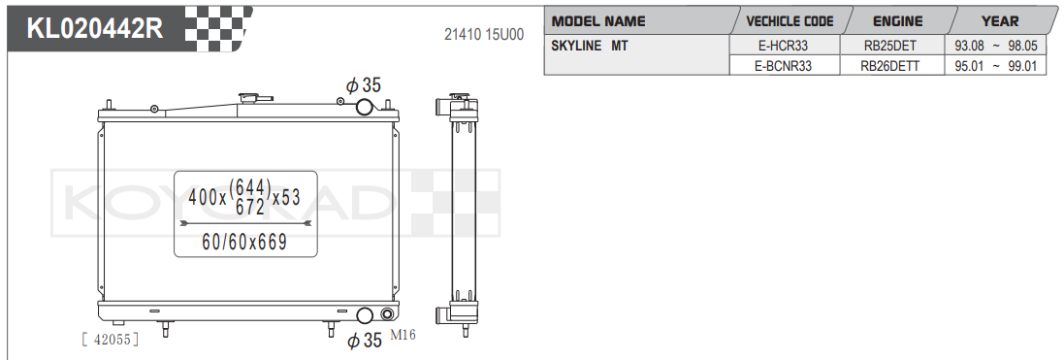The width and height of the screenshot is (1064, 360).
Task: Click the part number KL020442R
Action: click(94, 28)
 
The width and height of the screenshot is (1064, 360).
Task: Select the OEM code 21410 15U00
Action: click(484, 35)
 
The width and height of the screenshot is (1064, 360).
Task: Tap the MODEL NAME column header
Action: click(597, 21)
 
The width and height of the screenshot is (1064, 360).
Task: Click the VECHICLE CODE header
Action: click(790, 21)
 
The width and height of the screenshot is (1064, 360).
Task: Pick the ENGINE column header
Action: click(897, 21)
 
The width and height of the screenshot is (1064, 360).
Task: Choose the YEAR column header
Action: click(1000, 21)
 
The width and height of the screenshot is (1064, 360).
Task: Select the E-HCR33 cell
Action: click(784, 47)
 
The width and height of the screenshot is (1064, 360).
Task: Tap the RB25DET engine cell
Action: click(892, 47)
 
